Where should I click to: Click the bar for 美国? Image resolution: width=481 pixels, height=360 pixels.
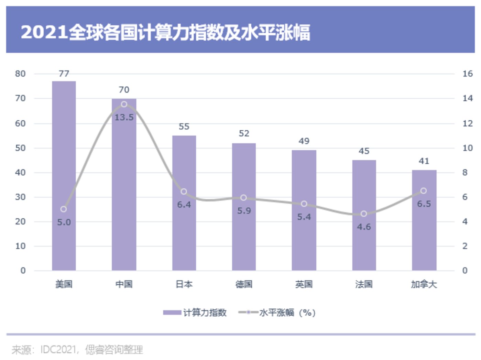pos(64,175)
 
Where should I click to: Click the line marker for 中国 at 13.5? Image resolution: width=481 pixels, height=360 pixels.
pos(124,104)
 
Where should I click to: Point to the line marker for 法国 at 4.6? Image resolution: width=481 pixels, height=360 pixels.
pos(364,214)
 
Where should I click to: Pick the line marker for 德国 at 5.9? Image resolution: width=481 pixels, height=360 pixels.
pos(244,198)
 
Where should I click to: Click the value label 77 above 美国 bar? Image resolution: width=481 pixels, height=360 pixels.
pos(64,74)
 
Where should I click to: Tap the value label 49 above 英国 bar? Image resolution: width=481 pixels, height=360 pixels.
pos(304,141)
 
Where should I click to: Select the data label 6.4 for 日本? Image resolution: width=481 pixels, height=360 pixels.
pos(184,205)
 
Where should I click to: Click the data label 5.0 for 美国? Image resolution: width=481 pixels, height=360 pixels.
pos(64,222)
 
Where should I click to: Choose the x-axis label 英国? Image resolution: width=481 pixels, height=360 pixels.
pos(304,284)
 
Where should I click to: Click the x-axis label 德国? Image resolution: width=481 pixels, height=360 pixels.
pos(244,284)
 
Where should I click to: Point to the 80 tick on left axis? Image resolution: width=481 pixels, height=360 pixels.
pos(20,74)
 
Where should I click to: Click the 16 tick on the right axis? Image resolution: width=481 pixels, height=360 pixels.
pos(468,74)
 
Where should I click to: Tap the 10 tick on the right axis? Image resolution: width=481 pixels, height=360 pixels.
pos(468,148)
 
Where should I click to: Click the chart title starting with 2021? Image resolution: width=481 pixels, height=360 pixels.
pos(165,32)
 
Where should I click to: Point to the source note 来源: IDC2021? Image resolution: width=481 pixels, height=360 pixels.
pos(77,350)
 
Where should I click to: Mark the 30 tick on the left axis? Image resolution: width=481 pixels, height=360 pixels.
pos(20,197)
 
